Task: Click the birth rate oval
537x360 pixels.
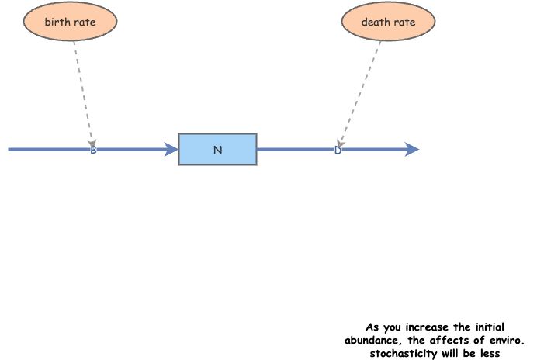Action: [70, 22]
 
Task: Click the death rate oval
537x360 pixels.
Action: [388, 22]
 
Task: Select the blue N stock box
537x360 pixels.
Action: [217, 149]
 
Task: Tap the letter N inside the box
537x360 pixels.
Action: [217, 150]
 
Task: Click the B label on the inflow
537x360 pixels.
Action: [93, 150]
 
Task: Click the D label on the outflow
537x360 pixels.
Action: [338, 150]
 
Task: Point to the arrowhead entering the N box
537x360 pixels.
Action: [171, 149]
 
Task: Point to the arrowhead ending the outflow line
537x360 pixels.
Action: [412, 149]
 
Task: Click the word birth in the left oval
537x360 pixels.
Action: [57, 22]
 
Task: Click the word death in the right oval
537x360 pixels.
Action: [376, 22]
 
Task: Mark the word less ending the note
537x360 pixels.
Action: [488, 353]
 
